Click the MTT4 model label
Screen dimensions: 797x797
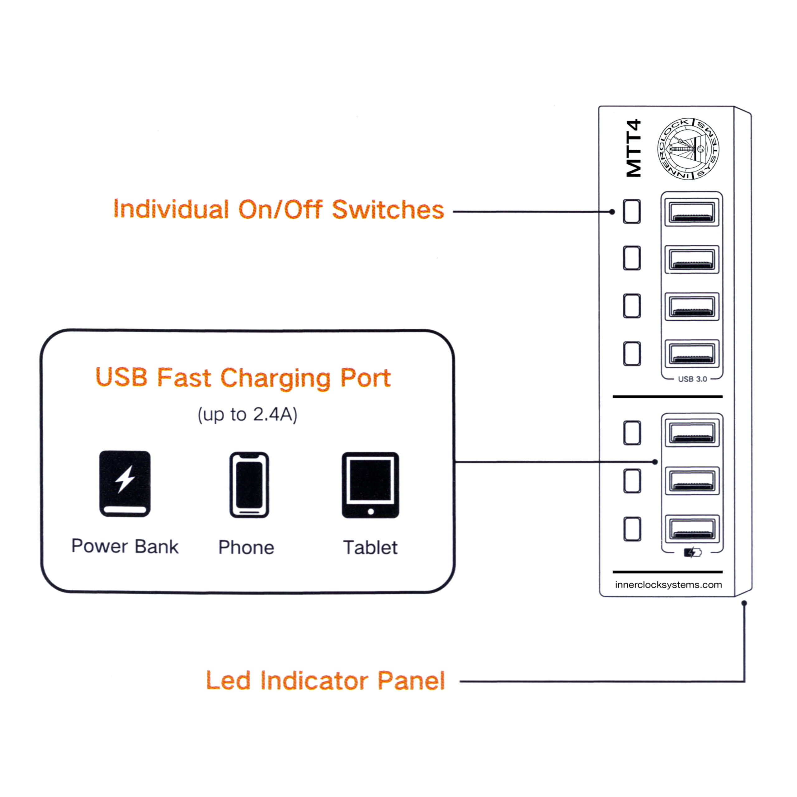coord(634,149)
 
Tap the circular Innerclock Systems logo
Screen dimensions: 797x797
coord(688,149)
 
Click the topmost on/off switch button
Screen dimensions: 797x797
coord(632,212)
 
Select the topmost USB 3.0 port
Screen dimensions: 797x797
coord(692,212)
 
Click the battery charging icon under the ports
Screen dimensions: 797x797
coord(693,552)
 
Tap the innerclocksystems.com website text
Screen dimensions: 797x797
coord(668,585)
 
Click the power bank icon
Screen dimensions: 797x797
coord(125,483)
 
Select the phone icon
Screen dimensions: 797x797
coord(249,485)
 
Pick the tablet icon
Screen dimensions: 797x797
coord(370,485)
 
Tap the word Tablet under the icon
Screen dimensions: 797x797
coord(370,548)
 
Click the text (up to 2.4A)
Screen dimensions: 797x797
coord(248,415)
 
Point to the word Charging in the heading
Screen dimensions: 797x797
coord(276,378)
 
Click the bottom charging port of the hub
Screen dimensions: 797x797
coord(692,528)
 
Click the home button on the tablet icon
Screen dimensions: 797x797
coord(370,512)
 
